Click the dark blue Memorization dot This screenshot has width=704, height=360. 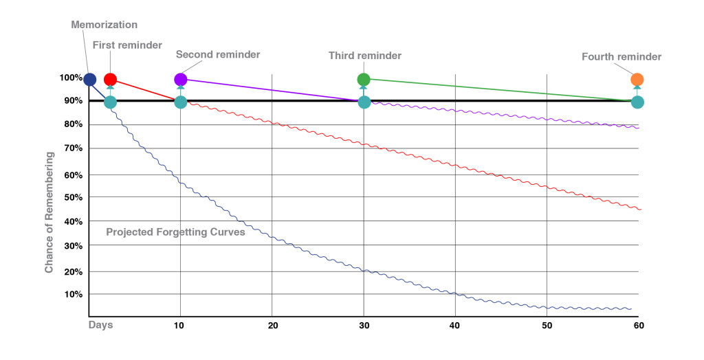[x=89, y=80]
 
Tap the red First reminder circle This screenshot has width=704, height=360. [x=110, y=80]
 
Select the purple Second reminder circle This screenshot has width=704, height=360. [x=180, y=80]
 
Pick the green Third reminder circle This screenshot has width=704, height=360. [x=364, y=80]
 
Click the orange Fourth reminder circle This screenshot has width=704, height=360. [x=637, y=80]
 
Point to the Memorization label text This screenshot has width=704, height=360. [x=104, y=25]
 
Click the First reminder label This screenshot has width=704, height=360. [x=127, y=45]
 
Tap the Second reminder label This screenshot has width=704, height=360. [x=218, y=54]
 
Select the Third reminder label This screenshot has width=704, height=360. [x=364, y=55]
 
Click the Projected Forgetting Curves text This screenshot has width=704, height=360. [x=175, y=232]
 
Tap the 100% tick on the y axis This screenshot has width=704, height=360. [x=70, y=78]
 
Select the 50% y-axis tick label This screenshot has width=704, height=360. [x=72, y=198]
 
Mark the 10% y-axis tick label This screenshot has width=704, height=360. [x=72, y=295]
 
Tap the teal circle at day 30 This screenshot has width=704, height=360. [x=364, y=102]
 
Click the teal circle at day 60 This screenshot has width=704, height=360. [x=637, y=102]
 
